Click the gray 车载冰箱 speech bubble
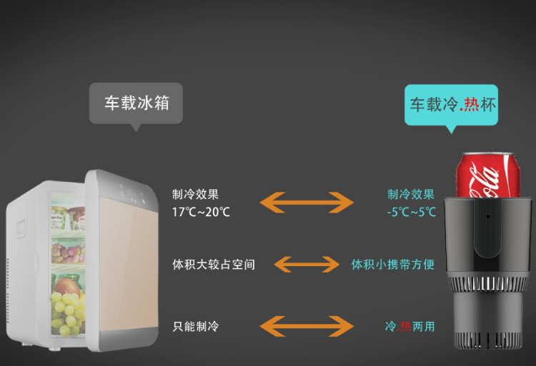click(136, 103)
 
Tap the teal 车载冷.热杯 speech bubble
click(451, 105)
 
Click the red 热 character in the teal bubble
click(472, 104)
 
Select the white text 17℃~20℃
click(201, 212)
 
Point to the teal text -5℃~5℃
click(411, 212)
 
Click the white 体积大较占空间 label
click(214, 265)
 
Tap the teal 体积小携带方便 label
click(393, 265)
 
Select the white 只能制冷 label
click(196, 327)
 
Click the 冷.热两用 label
click(410, 327)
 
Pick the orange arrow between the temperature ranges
click(307, 203)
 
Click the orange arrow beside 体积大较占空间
click(307, 265)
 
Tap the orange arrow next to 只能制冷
click(307, 326)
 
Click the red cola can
click(488, 175)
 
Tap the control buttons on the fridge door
click(132, 193)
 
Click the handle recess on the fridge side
click(21, 226)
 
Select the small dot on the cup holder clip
click(488, 216)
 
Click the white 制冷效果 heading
click(196, 195)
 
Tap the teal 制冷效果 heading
click(411, 195)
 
